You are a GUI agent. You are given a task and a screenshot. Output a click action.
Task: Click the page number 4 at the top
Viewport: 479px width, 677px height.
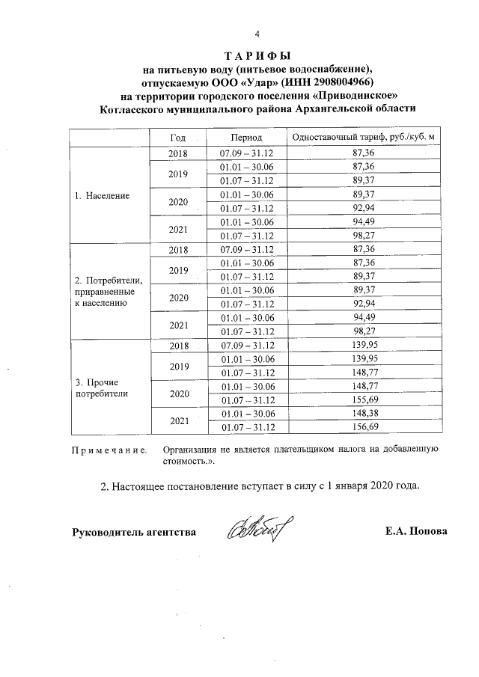pyautogui.click(x=257, y=34)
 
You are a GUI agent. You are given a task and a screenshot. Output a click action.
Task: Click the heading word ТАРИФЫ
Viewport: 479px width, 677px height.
pyautogui.click(x=257, y=57)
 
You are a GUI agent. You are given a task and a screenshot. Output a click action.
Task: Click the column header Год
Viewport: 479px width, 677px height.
pyautogui.click(x=177, y=138)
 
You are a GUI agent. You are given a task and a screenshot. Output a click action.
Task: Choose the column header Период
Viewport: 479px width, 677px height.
pyautogui.click(x=246, y=138)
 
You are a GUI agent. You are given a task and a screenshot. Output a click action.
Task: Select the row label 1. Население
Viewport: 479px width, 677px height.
pyautogui.click(x=102, y=195)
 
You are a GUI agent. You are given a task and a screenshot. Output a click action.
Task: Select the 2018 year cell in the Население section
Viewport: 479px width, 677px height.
pyautogui.click(x=177, y=153)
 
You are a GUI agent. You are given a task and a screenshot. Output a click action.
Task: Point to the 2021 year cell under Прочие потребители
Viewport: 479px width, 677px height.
pyautogui.click(x=177, y=420)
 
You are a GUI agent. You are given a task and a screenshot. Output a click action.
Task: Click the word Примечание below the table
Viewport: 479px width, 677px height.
pyautogui.click(x=108, y=450)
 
